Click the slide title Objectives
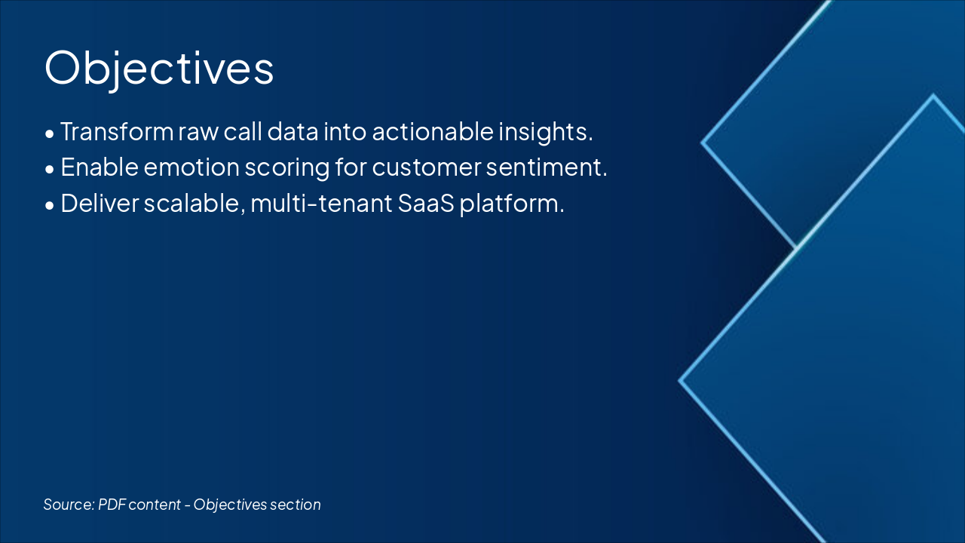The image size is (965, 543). pyautogui.click(x=159, y=69)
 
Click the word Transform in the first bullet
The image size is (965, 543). pyautogui.click(x=117, y=131)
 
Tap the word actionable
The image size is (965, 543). pyautogui.click(x=433, y=131)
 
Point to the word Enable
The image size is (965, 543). pyautogui.click(x=100, y=167)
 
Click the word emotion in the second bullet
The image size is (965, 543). pyautogui.click(x=191, y=167)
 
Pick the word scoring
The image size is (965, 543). pyautogui.click(x=287, y=168)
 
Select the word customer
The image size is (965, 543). pyautogui.click(x=427, y=168)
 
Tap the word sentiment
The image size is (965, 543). pyautogui.click(x=547, y=167)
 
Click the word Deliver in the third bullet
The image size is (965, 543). pyautogui.click(x=100, y=204)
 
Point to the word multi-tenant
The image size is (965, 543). pyautogui.click(x=321, y=204)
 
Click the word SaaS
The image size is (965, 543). pyautogui.click(x=426, y=204)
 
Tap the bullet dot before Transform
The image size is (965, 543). pyautogui.click(x=50, y=134)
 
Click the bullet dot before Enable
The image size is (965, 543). pyautogui.click(x=50, y=170)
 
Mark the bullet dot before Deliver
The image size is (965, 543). pyautogui.click(x=50, y=206)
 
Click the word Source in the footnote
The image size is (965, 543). pyautogui.click(x=69, y=505)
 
